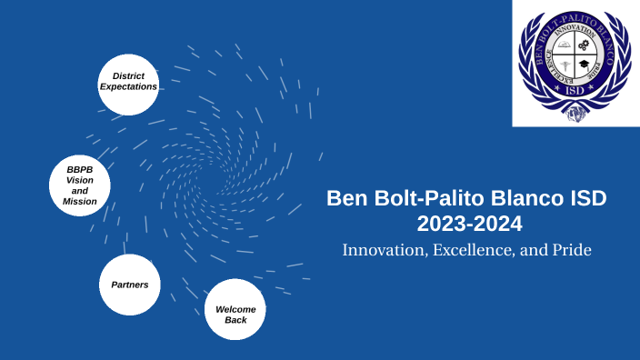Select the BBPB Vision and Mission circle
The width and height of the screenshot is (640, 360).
pos(80,185)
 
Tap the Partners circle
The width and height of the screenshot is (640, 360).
pos(129,285)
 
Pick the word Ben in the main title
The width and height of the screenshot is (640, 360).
pos(344,198)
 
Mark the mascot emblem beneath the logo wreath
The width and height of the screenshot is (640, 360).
pos(574,115)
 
